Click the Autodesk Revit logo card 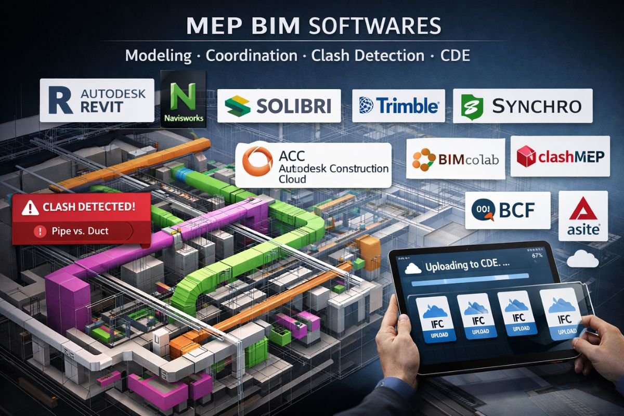[x=97, y=100]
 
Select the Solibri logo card [x=279, y=106]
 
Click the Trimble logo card [x=399, y=106]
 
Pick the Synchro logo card [x=523, y=106]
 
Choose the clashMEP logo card [x=560, y=156]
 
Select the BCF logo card [x=507, y=210]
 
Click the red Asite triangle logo [x=582, y=210]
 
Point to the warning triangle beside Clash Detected [x=30, y=207]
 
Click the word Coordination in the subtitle [x=252, y=56]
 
